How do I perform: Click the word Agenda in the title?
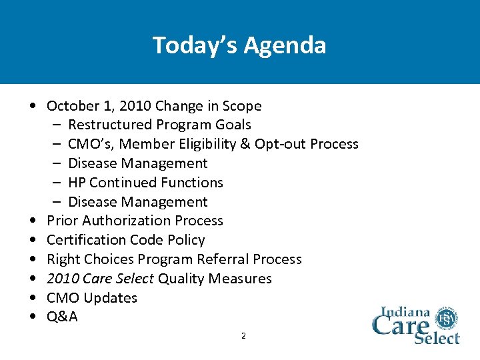(x=285, y=45)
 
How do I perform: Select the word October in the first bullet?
(x=72, y=106)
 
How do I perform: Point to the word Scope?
(x=241, y=106)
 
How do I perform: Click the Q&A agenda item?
(x=62, y=317)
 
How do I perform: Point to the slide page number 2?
(x=243, y=336)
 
